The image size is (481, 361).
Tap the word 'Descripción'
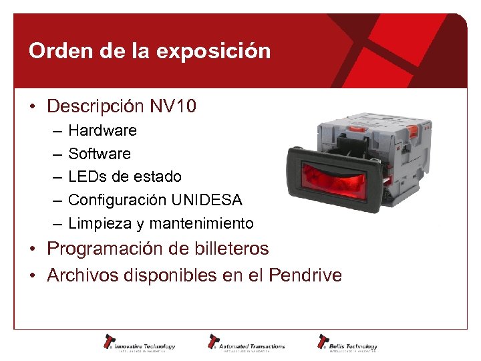[96, 106]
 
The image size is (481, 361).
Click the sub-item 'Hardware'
[102, 130]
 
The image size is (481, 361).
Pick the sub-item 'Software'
[100, 154]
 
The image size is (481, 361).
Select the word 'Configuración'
[118, 200]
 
